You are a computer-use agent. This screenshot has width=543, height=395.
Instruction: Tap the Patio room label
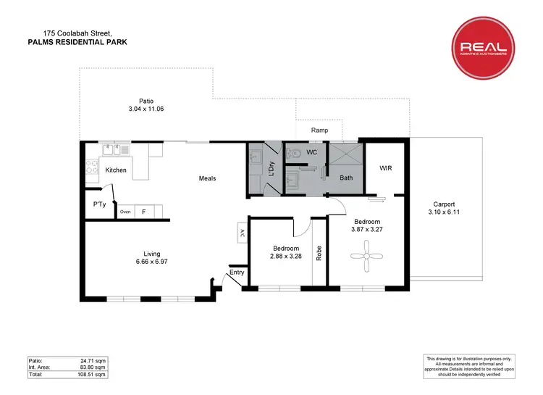tap(146, 101)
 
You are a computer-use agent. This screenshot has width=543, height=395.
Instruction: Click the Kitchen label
tap(116, 170)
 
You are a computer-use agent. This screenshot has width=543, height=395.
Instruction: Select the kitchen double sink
tap(115, 150)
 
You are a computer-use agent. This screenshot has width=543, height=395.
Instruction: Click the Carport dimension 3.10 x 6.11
tap(444, 212)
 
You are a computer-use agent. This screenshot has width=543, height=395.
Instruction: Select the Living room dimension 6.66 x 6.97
tap(151, 262)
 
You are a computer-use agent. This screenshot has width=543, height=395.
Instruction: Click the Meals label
tap(207, 178)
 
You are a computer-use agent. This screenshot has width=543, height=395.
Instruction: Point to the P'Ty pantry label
tap(100, 204)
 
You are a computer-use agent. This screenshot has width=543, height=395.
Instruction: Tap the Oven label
tap(125, 212)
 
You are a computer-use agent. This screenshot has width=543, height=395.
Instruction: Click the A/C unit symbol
tap(240, 233)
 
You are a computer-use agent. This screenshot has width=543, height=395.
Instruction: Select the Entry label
tap(236, 273)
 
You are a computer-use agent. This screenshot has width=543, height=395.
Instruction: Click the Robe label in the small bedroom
tap(319, 254)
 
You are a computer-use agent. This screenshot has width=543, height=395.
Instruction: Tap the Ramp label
tap(319, 130)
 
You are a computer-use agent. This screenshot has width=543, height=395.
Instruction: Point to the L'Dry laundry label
tap(271, 168)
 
